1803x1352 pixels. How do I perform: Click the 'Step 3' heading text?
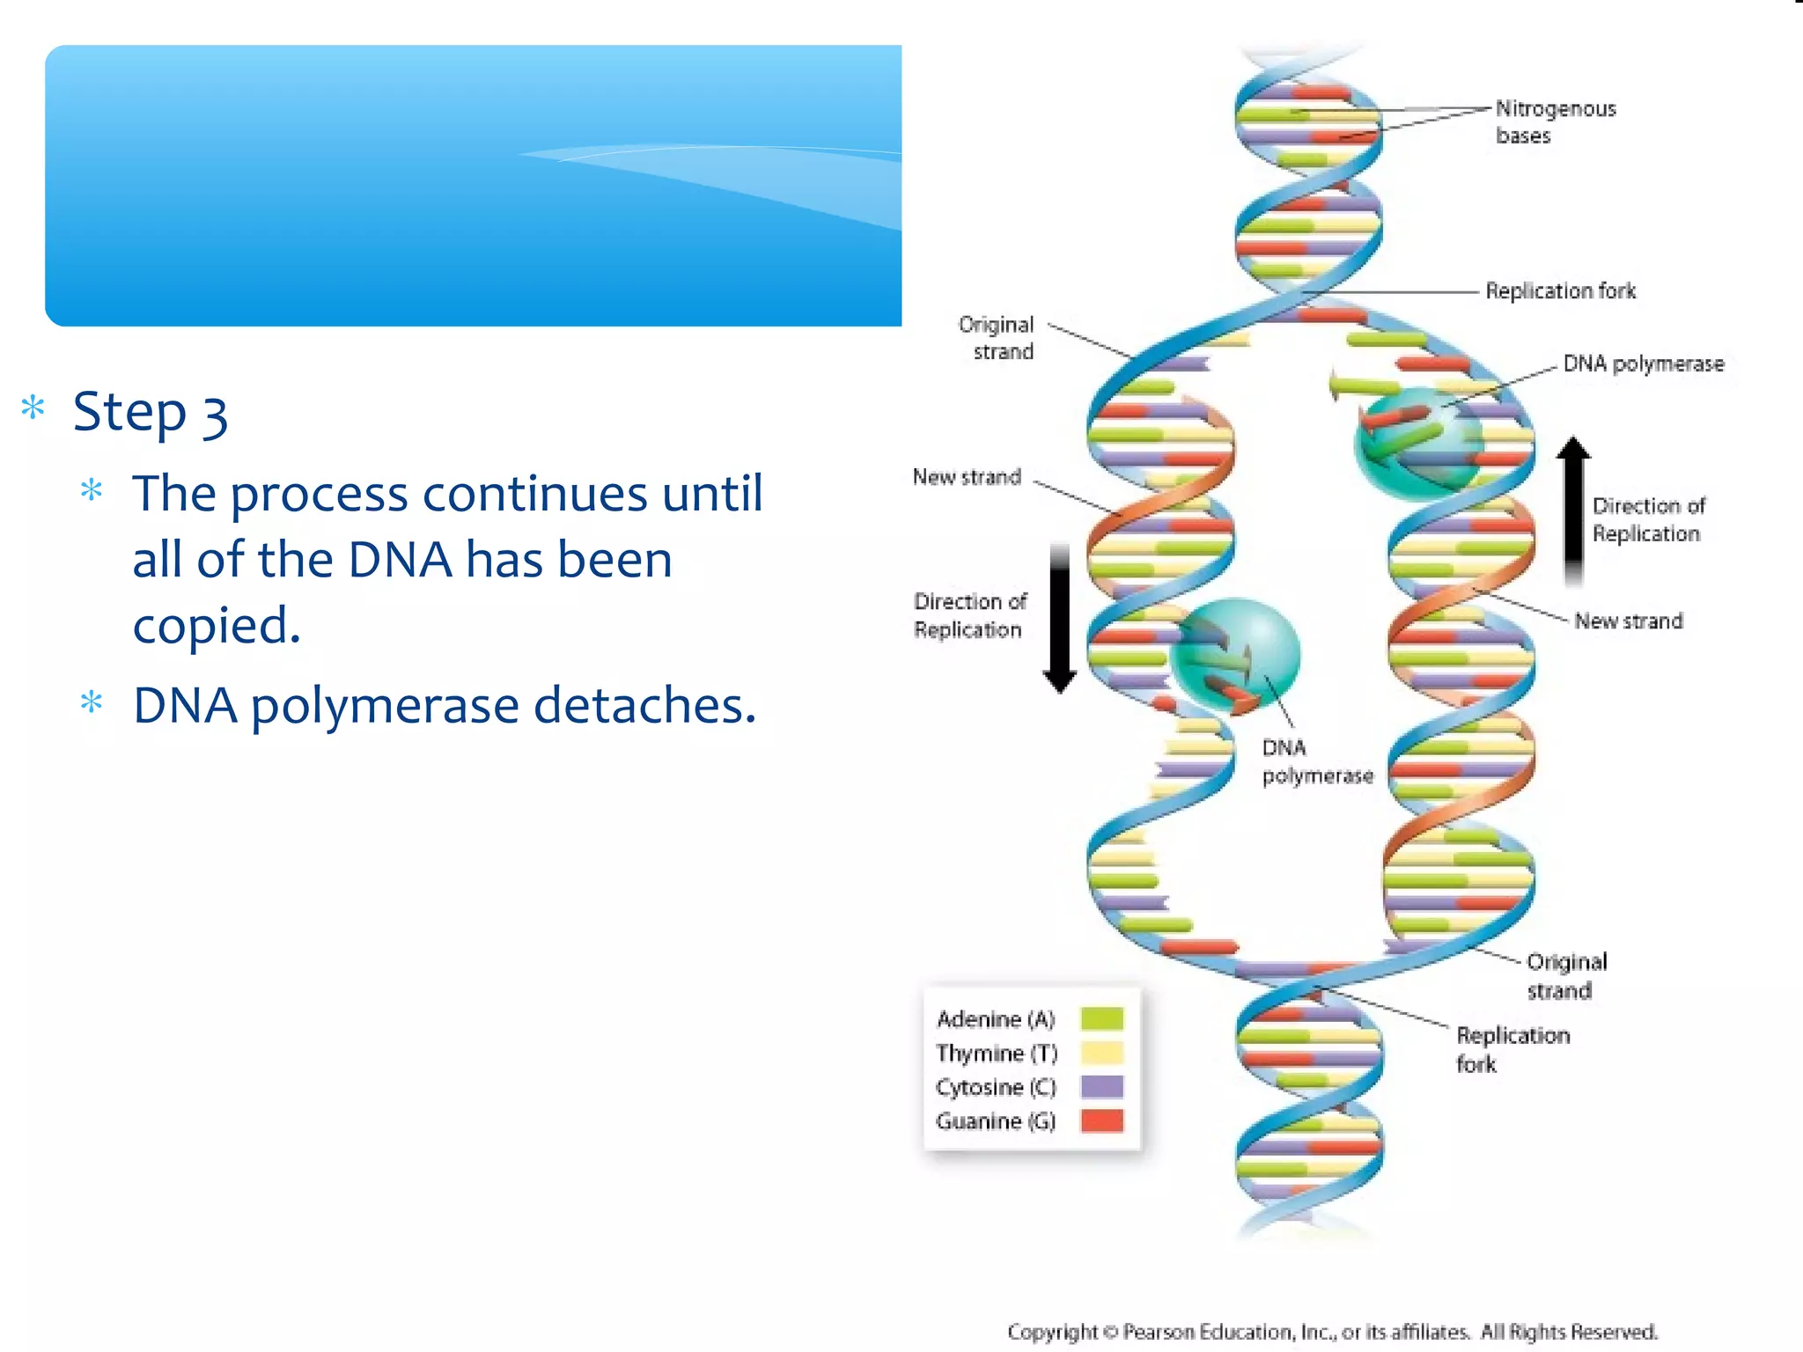[x=151, y=412]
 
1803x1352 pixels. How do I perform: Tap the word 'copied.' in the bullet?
[x=217, y=626]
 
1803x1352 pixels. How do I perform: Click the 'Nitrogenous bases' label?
[x=1555, y=121]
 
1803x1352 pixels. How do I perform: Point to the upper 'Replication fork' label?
[x=1560, y=290]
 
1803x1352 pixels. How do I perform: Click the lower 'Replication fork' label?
[x=1512, y=1049]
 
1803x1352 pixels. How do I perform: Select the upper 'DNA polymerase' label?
[x=1643, y=364]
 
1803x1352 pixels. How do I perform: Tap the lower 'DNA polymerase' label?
[x=1316, y=761]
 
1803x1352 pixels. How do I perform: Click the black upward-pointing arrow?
[x=1573, y=511]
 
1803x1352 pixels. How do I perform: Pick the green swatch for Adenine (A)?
[x=1102, y=1018]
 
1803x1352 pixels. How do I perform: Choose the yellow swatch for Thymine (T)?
[x=1102, y=1053]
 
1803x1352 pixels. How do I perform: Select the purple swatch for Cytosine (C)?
[x=1102, y=1087]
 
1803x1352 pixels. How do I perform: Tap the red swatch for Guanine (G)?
[x=1102, y=1121]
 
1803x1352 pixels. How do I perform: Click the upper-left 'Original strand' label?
[x=997, y=338]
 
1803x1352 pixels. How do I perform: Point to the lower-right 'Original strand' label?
[x=1565, y=975]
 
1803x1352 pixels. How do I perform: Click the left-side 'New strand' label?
[x=967, y=477]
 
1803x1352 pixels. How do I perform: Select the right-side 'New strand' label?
[x=1628, y=621]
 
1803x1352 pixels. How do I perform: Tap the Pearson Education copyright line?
[x=1331, y=1332]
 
